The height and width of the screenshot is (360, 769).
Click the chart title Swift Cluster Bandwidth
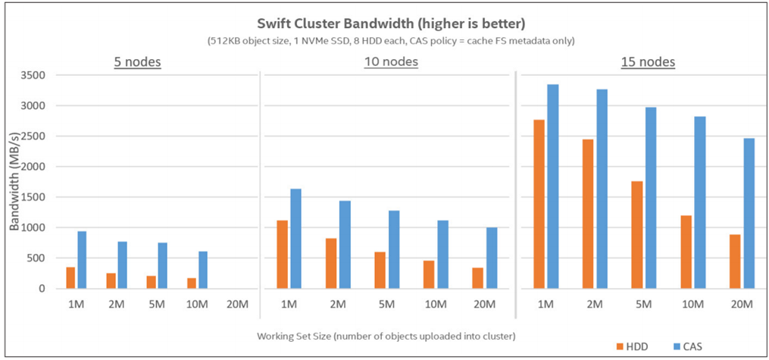(x=384, y=22)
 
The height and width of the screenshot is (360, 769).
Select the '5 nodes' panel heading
(x=137, y=61)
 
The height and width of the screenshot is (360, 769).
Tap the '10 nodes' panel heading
(x=390, y=61)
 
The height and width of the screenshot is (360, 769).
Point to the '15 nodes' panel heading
(x=646, y=61)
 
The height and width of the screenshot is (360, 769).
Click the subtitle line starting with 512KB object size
(x=384, y=40)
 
